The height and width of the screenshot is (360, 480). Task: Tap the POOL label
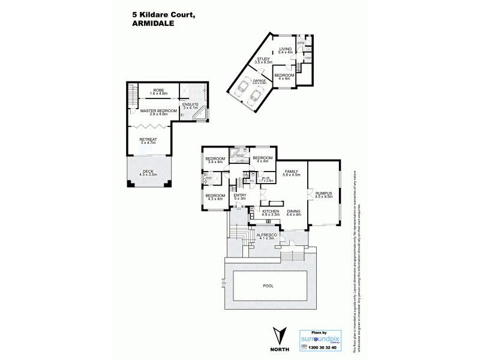click(268, 286)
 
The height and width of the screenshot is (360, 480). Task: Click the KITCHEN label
click(271, 212)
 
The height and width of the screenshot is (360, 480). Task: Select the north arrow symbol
click(278, 334)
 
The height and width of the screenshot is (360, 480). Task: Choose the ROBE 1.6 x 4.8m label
click(158, 92)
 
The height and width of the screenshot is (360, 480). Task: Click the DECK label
click(148, 172)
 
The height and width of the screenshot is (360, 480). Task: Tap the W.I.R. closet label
click(267, 179)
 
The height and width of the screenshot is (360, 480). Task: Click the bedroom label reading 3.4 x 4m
click(215, 160)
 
